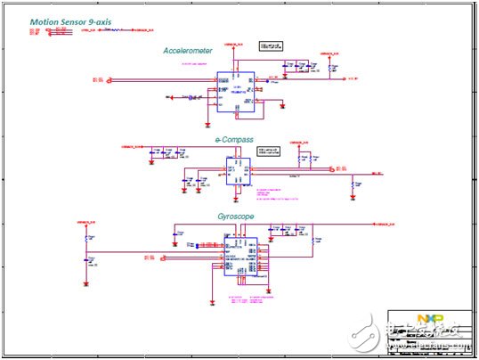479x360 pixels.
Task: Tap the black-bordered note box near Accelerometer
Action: point(270,45)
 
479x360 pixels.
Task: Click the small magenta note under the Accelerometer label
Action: point(193,65)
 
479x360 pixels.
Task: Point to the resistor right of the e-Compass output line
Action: point(354,184)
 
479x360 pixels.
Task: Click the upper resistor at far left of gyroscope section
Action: point(87,239)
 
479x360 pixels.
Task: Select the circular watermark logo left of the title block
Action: point(363,336)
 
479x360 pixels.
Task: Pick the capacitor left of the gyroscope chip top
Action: point(178,234)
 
